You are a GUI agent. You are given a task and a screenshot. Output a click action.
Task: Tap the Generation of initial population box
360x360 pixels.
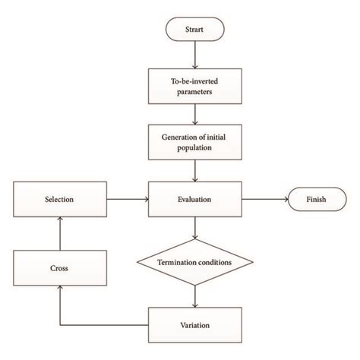tap(196, 143)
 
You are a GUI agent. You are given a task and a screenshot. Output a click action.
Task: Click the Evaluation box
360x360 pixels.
tap(196, 201)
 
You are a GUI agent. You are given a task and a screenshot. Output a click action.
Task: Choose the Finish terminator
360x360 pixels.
tap(315, 201)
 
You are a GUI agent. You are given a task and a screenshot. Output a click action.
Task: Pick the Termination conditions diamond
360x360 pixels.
tap(196, 262)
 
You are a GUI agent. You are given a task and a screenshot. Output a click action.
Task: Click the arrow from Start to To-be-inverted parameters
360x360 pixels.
tap(196, 55)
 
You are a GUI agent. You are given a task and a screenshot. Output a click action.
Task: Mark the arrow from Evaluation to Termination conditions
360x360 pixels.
tap(196, 228)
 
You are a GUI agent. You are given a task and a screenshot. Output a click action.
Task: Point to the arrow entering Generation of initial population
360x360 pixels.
tap(196, 114)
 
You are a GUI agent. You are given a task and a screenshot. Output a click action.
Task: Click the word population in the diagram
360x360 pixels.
tap(196, 148)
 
